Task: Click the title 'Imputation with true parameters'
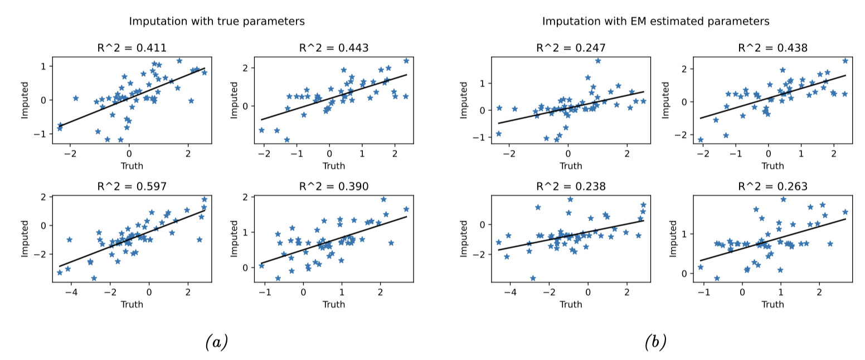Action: pyautogui.click(x=217, y=22)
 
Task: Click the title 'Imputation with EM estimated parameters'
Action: pyautogui.click(x=655, y=22)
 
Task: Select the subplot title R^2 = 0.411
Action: pyautogui.click(x=132, y=48)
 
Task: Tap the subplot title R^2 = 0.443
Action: pyautogui.click(x=333, y=48)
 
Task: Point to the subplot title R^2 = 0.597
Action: pyautogui.click(x=132, y=187)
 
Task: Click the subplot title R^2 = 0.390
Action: pyautogui.click(x=333, y=187)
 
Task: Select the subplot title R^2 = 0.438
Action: pyautogui.click(x=772, y=48)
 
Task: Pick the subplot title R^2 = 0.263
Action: pyautogui.click(x=772, y=187)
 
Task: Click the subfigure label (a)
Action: pyautogui.click(x=216, y=342)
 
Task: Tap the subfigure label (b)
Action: pyautogui.click(x=655, y=342)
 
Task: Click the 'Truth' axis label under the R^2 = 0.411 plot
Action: pyautogui.click(x=132, y=166)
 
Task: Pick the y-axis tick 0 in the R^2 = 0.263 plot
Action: pyautogui.click(x=686, y=274)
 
